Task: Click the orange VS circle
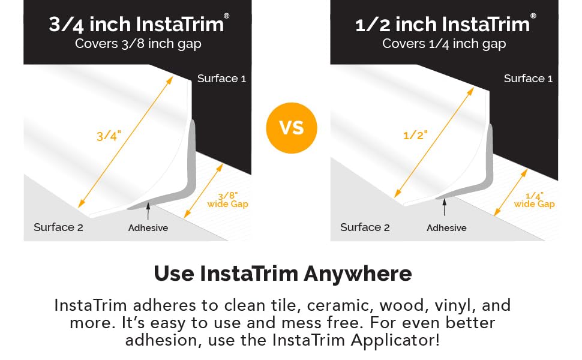(x=291, y=128)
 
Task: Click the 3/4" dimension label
(x=109, y=136)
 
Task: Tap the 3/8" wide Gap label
(x=227, y=200)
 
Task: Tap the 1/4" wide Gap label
(x=534, y=200)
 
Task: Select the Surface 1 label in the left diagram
(x=221, y=79)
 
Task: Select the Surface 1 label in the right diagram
(x=528, y=79)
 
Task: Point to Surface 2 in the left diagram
(x=58, y=227)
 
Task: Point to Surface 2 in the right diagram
(x=365, y=227)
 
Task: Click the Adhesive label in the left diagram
(x=148, y=228)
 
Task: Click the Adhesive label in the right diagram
(x=446, y=228)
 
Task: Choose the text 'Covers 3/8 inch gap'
(x=138, y=43)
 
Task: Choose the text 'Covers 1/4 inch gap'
(x=444, y=43)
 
